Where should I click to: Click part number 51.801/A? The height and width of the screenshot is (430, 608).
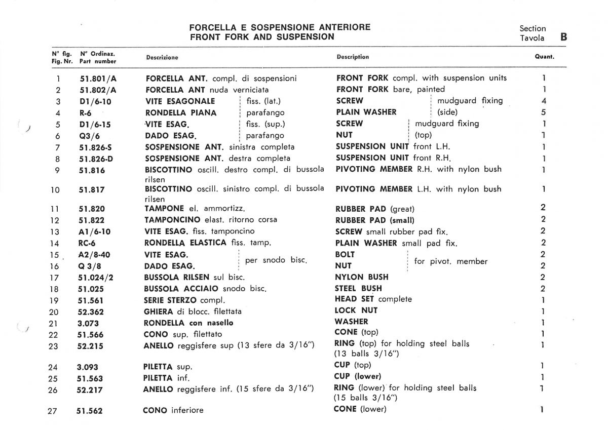point(98,79)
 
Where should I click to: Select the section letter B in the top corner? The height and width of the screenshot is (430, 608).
point(563,37)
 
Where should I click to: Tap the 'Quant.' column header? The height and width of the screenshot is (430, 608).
point(544,57)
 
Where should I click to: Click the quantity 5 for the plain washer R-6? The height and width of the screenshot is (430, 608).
point(543,112)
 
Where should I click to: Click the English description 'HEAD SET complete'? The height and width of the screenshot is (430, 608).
point(373,299)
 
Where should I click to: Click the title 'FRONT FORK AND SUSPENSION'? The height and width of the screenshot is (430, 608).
point(262,37)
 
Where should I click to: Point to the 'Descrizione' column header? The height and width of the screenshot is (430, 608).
point(162,57)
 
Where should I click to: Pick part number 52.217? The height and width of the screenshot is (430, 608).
point(89,390)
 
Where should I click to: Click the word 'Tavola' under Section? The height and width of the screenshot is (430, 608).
point(532,38)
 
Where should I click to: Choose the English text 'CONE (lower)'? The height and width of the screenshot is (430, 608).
point(360,409)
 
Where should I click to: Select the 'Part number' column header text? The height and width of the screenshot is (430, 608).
point(98,61)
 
